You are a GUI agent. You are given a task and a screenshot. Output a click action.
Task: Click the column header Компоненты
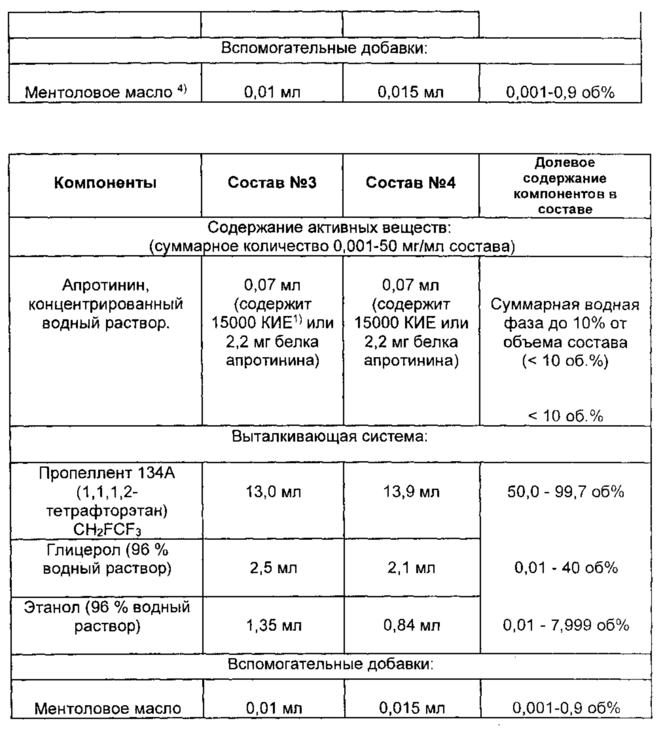click(105, 183)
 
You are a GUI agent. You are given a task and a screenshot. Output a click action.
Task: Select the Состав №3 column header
click(272, 182)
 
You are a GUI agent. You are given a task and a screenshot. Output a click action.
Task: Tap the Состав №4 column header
click(410, 182)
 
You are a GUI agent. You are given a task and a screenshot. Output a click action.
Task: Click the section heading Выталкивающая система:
click(329, 437)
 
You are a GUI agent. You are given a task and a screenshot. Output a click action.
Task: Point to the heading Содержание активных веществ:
click(329, 228)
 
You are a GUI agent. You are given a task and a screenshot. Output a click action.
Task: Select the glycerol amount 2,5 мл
click(274, 568)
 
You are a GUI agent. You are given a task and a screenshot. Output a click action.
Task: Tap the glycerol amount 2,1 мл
click(412, 568)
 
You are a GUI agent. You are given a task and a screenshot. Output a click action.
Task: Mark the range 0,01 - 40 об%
click(566, 568)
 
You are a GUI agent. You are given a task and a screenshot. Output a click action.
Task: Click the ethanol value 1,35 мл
click(274, 625)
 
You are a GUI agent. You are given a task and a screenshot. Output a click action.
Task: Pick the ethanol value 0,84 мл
click(412, 625)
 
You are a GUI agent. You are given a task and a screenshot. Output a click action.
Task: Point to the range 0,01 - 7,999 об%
click(566, 625)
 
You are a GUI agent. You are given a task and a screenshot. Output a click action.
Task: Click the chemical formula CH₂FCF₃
click(107, 530)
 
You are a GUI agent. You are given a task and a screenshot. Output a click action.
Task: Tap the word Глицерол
click(83, 551)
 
